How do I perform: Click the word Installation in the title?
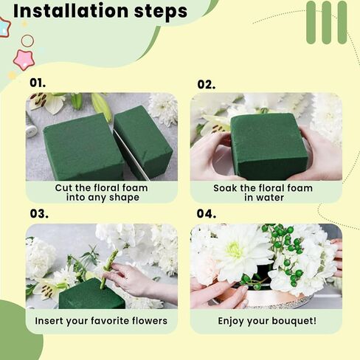(x=71, y=11)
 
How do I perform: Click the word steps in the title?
(x=161, y=12)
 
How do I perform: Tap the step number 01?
(x=38, y=83)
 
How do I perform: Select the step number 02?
(x=207, y=85)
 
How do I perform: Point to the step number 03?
(x=39, y=213)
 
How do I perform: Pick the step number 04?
(x=207, y=213)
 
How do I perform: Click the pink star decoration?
(x=24, y=60)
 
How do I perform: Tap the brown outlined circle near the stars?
(x=27, y=41)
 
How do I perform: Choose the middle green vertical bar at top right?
(x=327, y=22)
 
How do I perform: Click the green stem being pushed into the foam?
(x=108, y=269)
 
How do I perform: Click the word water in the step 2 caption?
(x=271, y=198)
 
